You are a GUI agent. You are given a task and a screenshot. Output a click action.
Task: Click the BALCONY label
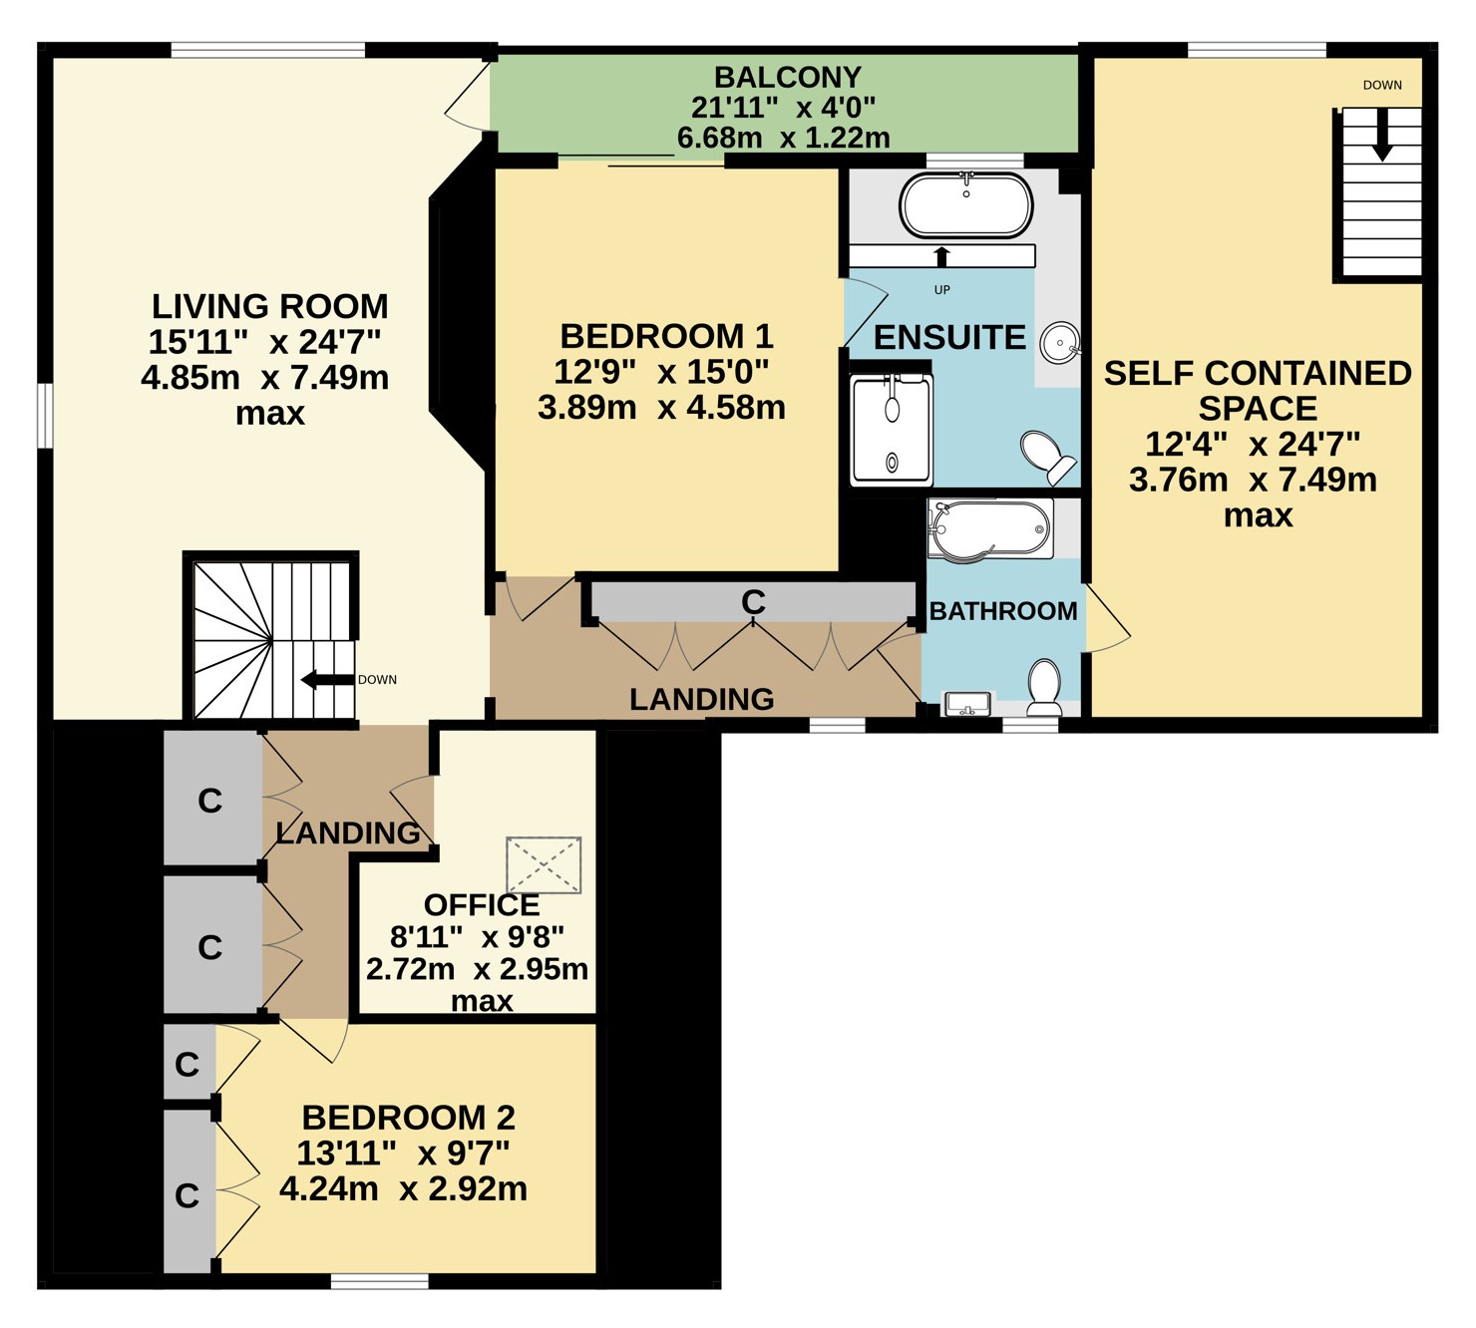pyautogui.click(x=787, y=77)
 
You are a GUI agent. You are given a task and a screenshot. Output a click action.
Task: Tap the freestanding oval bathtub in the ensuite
pyautogui.click(x=965, y=205)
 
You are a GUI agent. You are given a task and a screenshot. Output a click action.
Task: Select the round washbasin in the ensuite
pyautogui.click(x=1059, y=342)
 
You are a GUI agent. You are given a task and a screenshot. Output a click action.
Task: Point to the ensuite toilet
pyautogui.click(x=1048, y=458)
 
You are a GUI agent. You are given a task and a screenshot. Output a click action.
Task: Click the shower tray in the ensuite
pyautogui.click(x=892, y=430)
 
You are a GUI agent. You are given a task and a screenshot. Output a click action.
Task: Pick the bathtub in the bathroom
pyautogui.click(x=990, y=529)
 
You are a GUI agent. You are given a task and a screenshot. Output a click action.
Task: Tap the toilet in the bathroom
pyautogui.click(x=1043, y=687)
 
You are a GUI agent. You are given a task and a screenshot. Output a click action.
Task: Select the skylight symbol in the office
pyautogui.click(x=544, y=865)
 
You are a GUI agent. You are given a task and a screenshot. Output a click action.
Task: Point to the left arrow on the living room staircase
pyautogui.click(x=328, y=680)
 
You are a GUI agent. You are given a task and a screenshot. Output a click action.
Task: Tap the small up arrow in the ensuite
pyautogui.click(x=941, y=257)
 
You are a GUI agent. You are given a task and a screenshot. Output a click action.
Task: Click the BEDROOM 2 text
pyautogui.click(x=408, y=1118)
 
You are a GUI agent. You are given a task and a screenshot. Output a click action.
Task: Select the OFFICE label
pyautogui.click(x=482, y=905)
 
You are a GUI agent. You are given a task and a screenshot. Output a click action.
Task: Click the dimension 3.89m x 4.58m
pyautogui.click(x=661, y=408)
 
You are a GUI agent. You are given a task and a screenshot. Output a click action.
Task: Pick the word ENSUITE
pyautogui.click(x=949, y=338)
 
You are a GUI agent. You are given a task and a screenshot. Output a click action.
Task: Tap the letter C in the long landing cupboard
pyautogui.click(x=753, y=602)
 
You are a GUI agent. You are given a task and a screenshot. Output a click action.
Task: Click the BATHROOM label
pyautogui.click(x=1003, y=610)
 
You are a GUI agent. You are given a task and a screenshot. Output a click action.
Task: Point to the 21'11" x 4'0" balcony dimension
pyautogui.click(x=783, y=108)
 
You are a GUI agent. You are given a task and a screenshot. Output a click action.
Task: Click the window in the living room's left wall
pyautogui.click(x=45, y=415)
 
